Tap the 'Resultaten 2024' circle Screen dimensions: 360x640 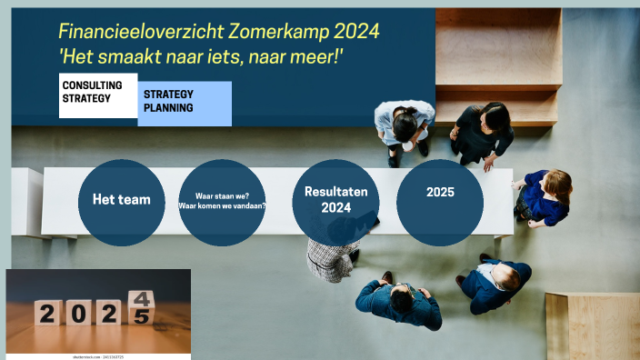click(x=335, y=201)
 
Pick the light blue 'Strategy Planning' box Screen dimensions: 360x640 click(x=185, y=103)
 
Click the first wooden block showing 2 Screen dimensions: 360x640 click(x=49, y=313)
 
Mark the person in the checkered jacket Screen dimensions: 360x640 click(x=329, y=259)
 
